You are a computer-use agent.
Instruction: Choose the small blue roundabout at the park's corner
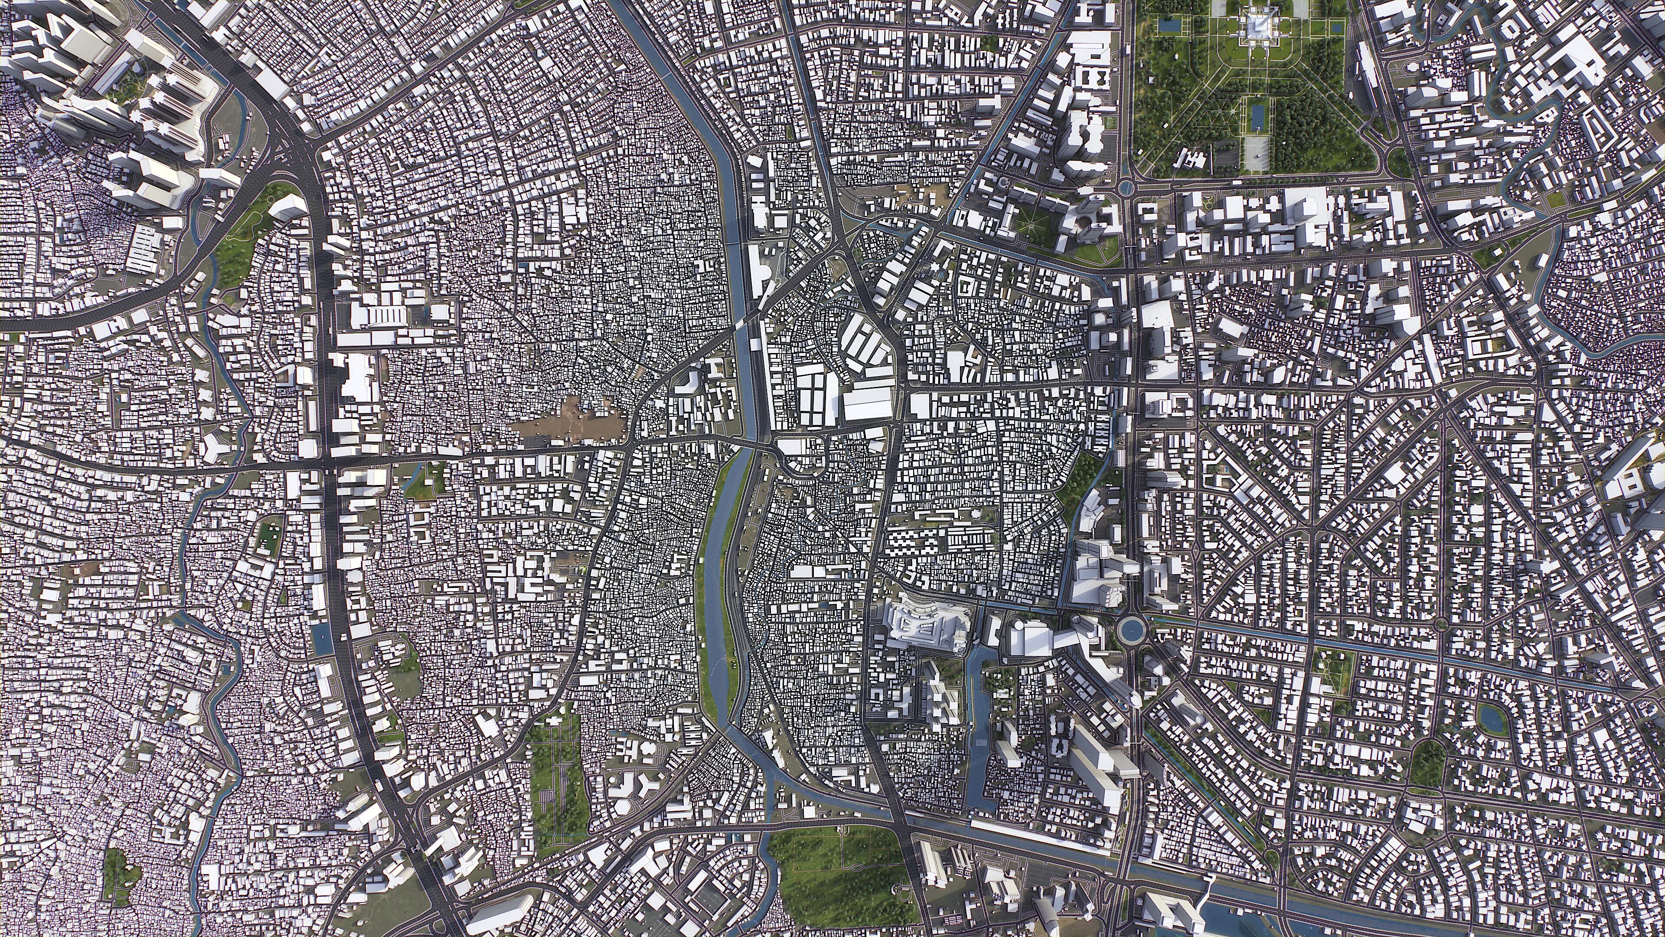pos(1126,187)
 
